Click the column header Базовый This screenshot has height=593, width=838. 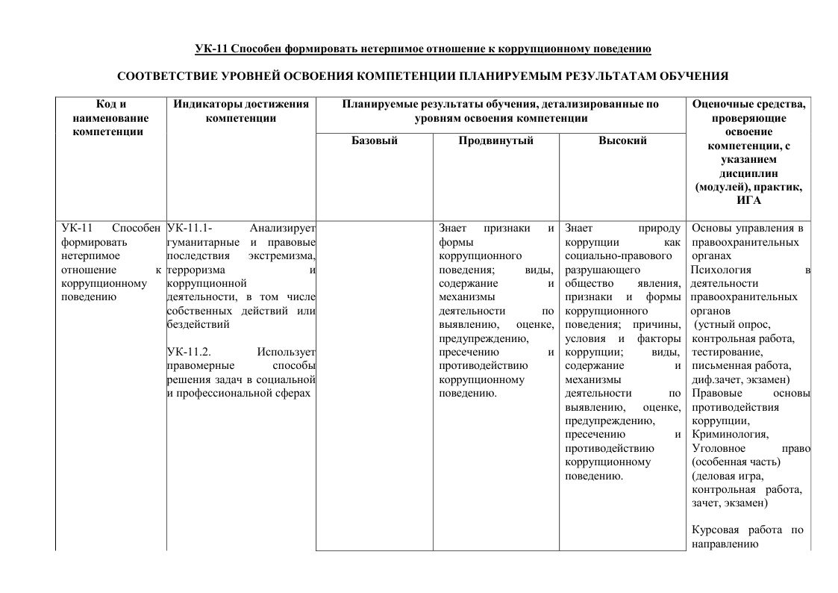(374, 140)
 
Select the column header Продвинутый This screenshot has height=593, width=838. (495, 140)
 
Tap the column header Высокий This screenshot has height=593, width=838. (622, 140)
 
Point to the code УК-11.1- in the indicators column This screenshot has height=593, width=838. (191, 228)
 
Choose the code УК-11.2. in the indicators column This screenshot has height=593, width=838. (190, 352)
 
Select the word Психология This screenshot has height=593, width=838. (721, 270)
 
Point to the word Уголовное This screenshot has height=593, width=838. (719, 448)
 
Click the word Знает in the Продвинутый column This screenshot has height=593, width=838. (453, 228)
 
